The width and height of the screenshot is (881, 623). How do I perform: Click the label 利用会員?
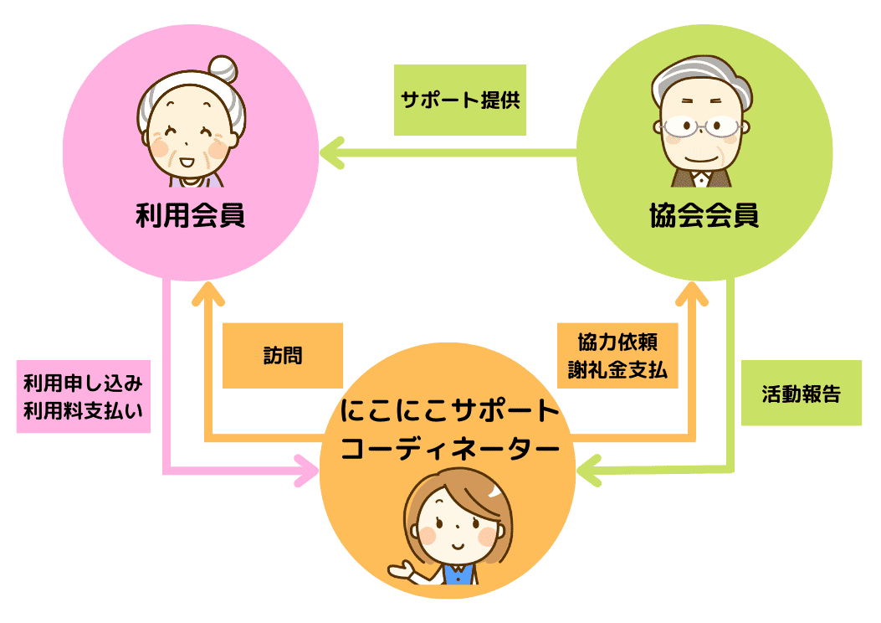pyautogui.click(x=190, y=217)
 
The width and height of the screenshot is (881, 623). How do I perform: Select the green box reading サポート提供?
pyautogui.click(x=460, y=100)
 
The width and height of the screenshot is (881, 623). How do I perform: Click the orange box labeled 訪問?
pyautogui.click(x=282, y=355)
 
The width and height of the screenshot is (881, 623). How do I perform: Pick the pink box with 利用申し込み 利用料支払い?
pyautogui.click(x=83, y=397)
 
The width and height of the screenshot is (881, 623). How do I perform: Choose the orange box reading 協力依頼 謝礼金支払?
pyautogui.click(x=617, y=356)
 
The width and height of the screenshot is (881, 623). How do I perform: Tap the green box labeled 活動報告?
pyautogui.click(x=801, y=393)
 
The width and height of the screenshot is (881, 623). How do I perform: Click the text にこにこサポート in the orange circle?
pyautogui.click(x=449, y=412)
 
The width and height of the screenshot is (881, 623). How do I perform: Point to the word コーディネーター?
pyautogui.click(x=449, y=450)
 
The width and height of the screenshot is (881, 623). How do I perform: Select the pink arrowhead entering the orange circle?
pyautogui.click(x=307, y=471)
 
